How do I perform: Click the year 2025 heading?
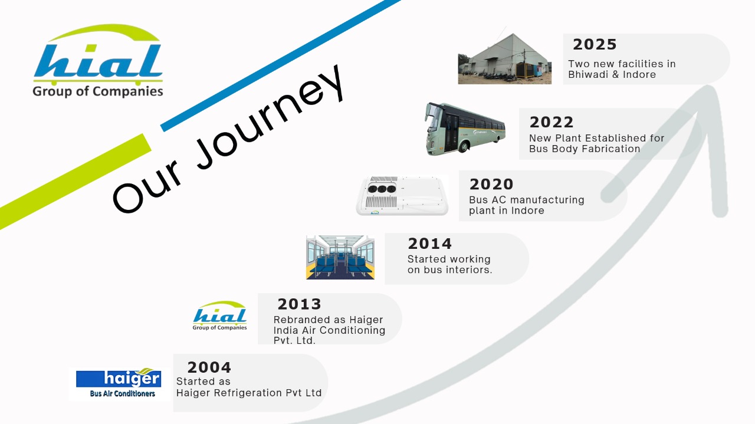595,44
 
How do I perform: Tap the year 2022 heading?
552,122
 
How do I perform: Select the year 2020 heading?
491,185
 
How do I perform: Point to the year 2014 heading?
430,244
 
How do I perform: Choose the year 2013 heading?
299,304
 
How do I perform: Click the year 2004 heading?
209,367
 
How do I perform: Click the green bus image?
465,129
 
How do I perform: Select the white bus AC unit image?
402,195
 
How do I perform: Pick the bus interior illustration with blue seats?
340,257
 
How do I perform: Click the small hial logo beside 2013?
220,315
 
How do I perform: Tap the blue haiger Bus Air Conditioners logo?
119,383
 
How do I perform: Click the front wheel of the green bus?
464,146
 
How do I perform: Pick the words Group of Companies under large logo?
98,91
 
